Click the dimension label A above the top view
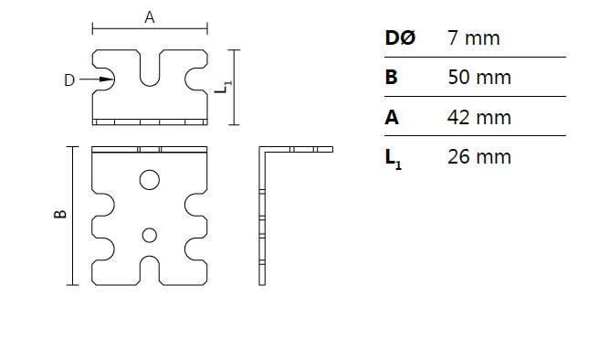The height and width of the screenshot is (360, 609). pyautogui.click(x=150, y=17)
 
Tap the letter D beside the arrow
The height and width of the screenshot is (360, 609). pyautogui.click(x=69, y=80)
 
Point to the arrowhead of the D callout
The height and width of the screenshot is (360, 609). pyautogui.click(x=107, y=79)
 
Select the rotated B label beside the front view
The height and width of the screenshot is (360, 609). pyautogui.click(x=60, y=214)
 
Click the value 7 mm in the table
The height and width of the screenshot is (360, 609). pyautogui.click(x=474, y=38)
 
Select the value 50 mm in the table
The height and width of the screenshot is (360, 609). pyautogui.click(x=479, y=77)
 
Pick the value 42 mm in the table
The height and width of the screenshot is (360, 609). pyautogui.click(x=479, y=117)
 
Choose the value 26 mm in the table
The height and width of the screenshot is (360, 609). pyautogui.click(x=479, y=156)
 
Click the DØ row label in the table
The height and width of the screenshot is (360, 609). pyautogui.click(x=400, y=38)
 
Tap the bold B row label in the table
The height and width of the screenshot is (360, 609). pyautogui.click(x=391, y=77)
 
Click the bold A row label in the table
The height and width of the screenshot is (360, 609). pyautogui.click(x=392, y=117)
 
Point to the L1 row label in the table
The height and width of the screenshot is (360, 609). pyautogui.click(x=393, y=159)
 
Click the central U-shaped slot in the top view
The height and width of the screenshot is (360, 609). pyautogui.click(x=150, y=84)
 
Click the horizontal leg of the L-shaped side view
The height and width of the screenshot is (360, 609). pyautogui.click(x=297, y=149)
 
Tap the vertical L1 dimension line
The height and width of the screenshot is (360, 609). pyautogui.click(x=234, y=88)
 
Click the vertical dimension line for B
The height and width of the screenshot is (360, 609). pyautogui.click(x=73, y=216)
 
